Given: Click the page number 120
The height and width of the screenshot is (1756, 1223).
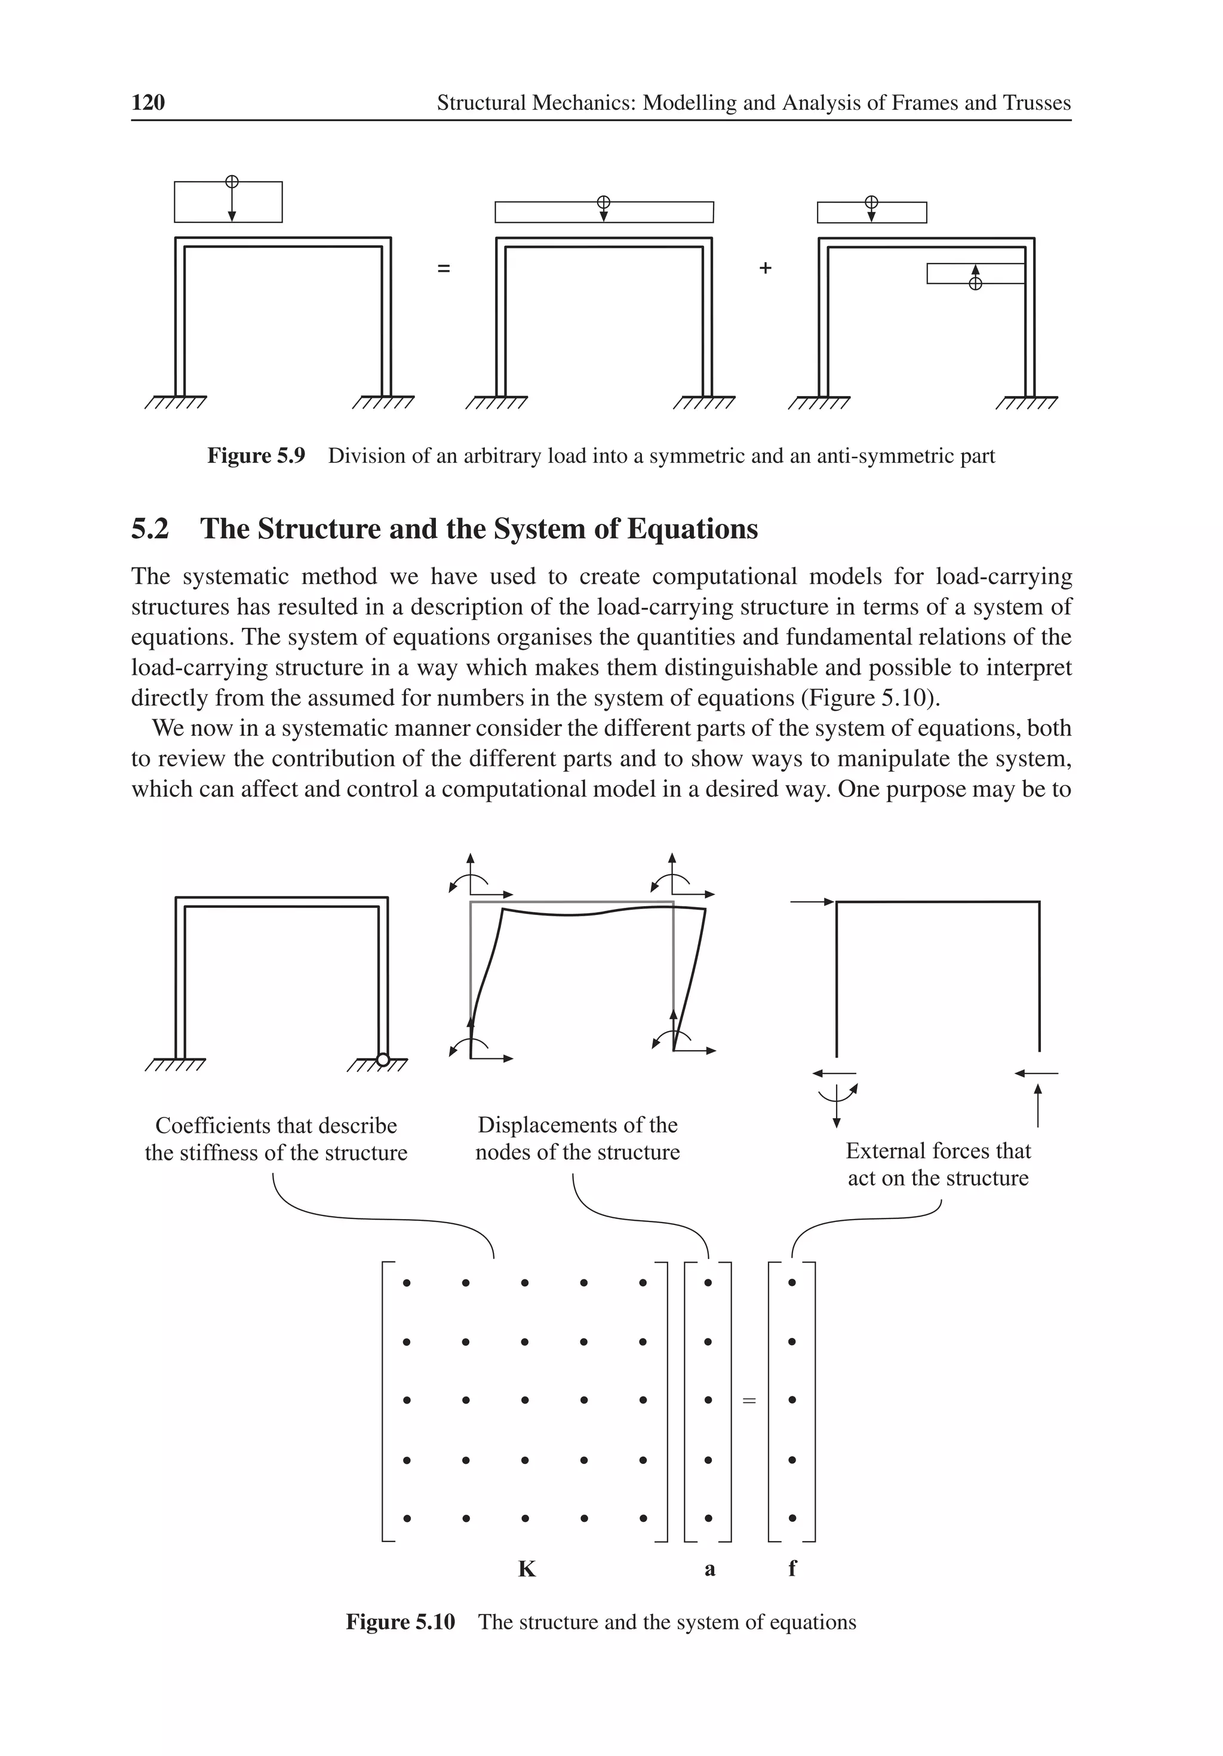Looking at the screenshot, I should [148, 103].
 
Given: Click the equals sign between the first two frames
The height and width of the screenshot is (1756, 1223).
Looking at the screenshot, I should [444, 268].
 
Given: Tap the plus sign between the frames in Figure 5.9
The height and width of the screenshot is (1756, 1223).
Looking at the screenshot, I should [765, 268].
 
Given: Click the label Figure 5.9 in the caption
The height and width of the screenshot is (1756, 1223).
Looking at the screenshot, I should [256, 456].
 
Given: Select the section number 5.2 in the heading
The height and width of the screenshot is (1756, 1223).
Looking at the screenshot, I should [150, 529].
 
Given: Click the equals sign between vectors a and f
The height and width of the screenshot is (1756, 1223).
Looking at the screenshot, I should [749, 1401].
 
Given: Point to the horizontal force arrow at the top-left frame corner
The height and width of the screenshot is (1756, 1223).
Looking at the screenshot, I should [812, 902].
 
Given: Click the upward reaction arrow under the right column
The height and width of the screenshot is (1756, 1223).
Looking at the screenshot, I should [1037, 1104].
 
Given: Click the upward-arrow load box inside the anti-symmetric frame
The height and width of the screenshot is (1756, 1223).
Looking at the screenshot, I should [975, 274].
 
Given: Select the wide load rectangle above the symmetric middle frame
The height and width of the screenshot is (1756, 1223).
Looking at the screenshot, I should [604, 212].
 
